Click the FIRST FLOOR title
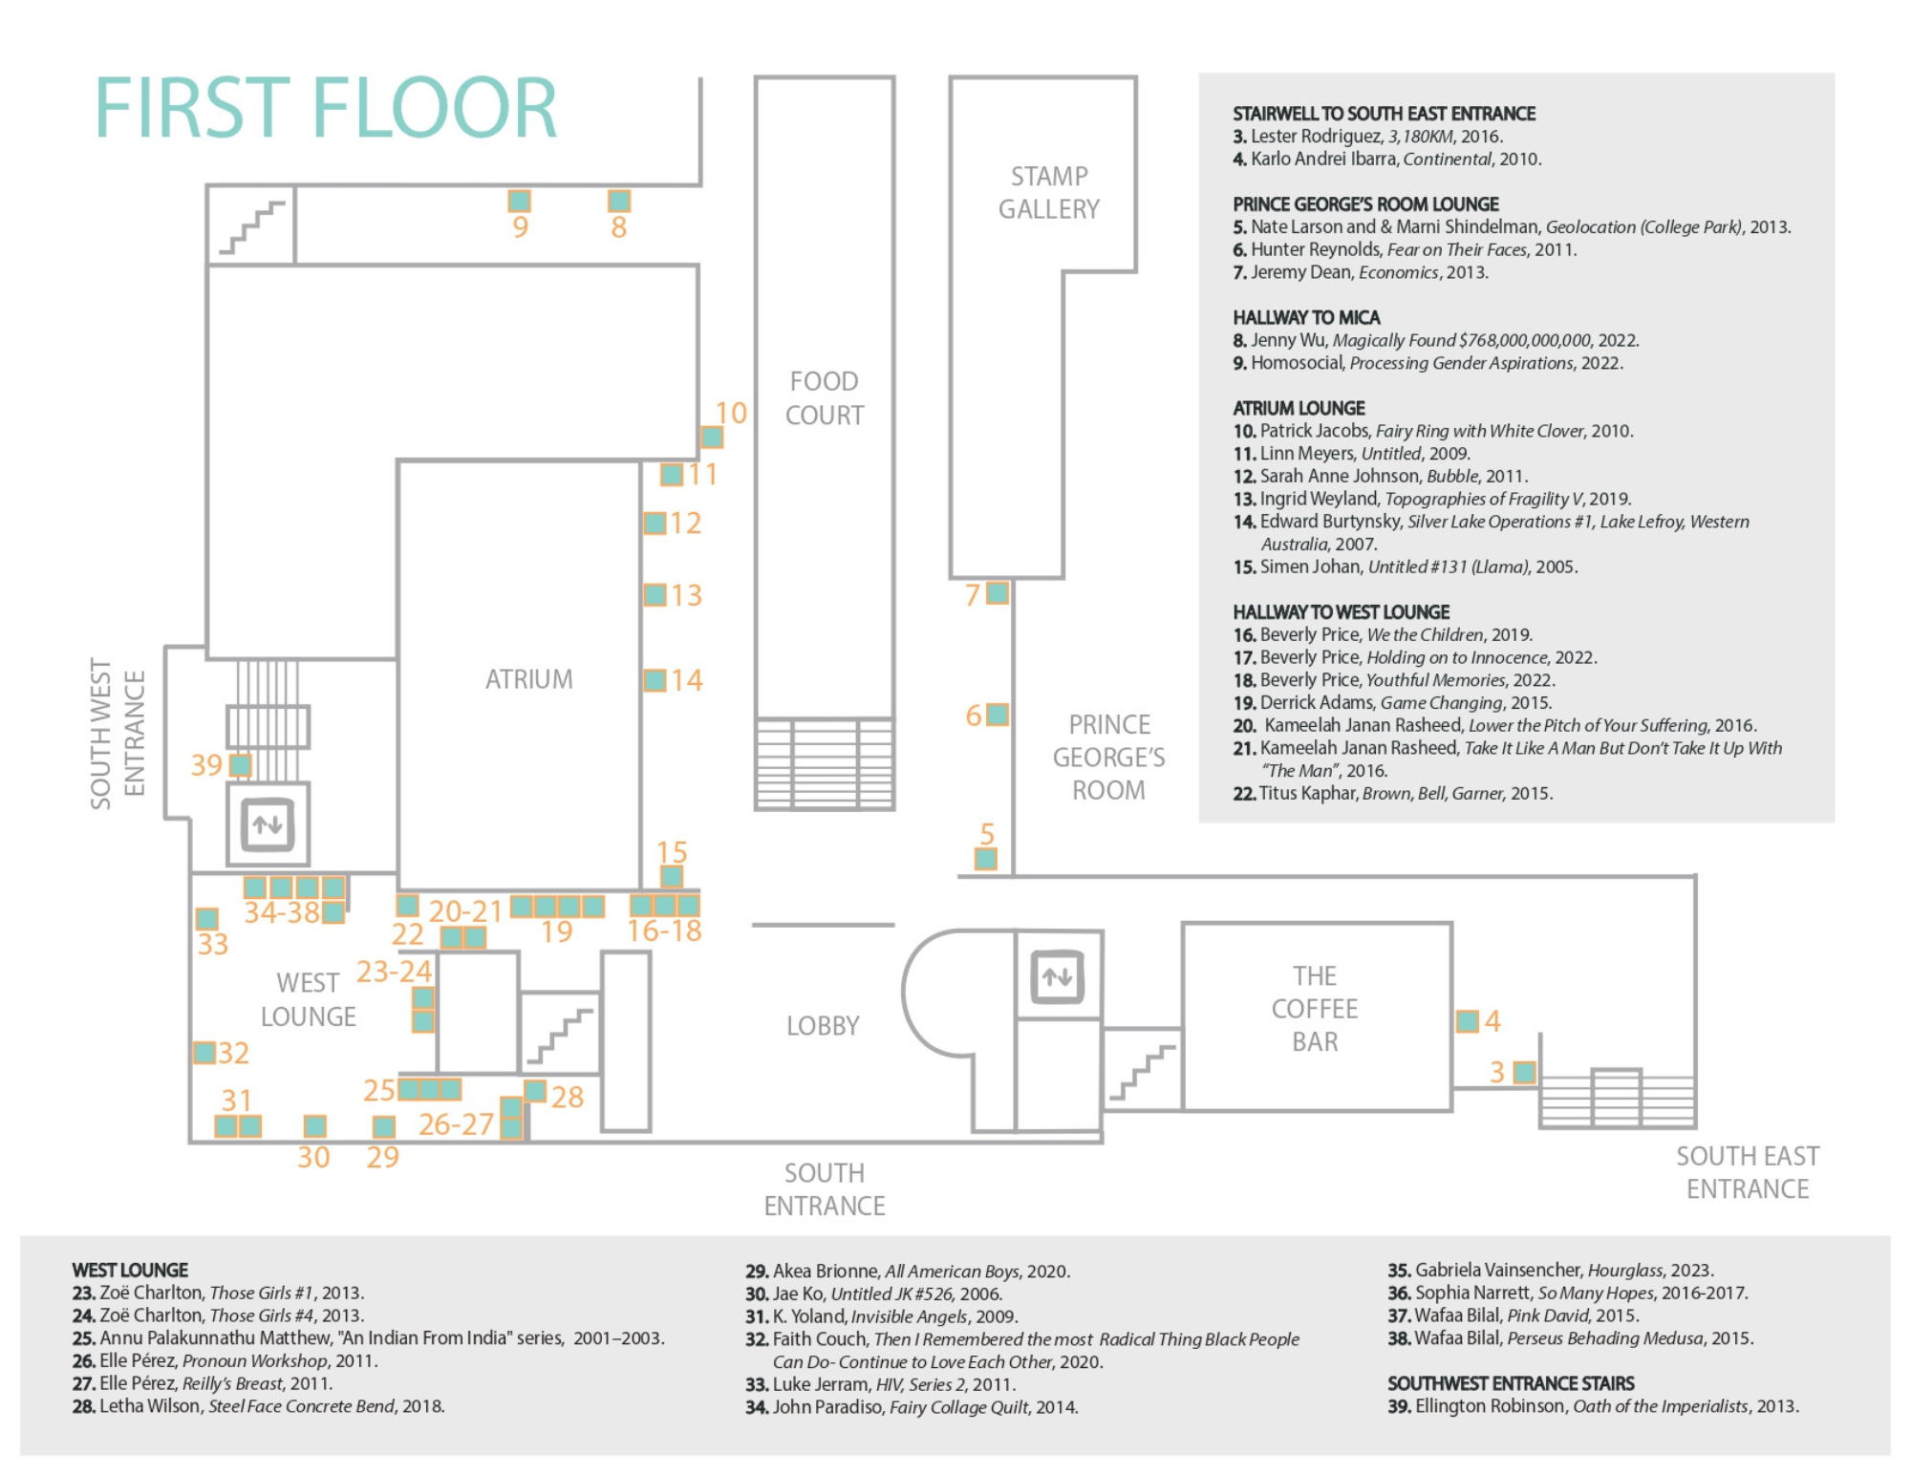coord(325,108)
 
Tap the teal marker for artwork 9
coord(519,201)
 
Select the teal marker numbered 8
coord(619,201)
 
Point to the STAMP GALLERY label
coord(1048,193)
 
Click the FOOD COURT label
coord(824,398)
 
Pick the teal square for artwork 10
coord(712,437)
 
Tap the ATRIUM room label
coord(528,679)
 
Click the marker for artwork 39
coord(240,765)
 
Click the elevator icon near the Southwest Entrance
coord(268,824)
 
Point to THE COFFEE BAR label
coord(1315,1009)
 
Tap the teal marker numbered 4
coord(1467,1020)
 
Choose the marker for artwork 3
coord(1525,1072)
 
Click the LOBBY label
coord(823,1026)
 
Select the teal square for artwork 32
coord(204,1053)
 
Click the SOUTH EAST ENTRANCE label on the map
coord(1747,1172)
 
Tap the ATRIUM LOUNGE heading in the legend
coord(1299,408)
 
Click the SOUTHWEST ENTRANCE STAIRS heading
coord(1511,1383)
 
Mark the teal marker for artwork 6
coord(997,714)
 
